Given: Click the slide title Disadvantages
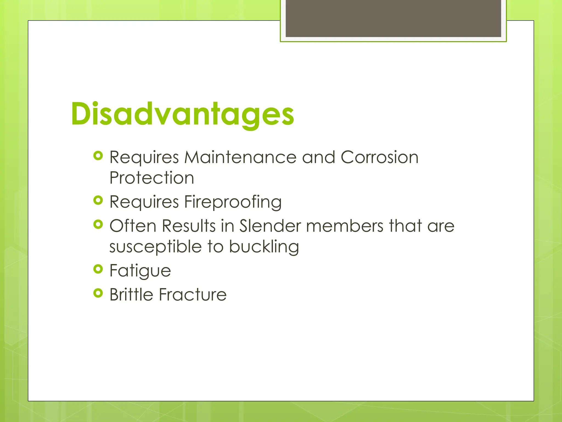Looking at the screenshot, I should (182, 114).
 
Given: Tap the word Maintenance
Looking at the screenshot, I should (240, 157).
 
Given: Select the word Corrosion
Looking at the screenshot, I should (380, 157).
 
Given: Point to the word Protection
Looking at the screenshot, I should (152, 178).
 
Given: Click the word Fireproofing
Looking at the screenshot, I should (233, 202).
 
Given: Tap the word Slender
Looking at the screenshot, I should (270, 226).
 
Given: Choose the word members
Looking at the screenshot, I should (345, 226).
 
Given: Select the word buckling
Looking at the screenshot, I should (264, 247).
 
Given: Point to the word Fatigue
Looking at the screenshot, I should (140, 271).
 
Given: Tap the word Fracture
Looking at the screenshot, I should (193, 295).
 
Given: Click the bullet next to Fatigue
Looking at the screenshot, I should (98, 269).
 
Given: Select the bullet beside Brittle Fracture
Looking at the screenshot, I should (98, 293).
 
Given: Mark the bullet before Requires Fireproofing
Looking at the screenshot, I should (98, 200).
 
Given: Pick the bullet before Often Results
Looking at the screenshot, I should (98, 224).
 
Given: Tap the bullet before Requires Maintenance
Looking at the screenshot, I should (98, 156).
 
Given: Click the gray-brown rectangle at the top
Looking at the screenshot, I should (393, 18).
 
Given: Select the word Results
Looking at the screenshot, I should (189, 226).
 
